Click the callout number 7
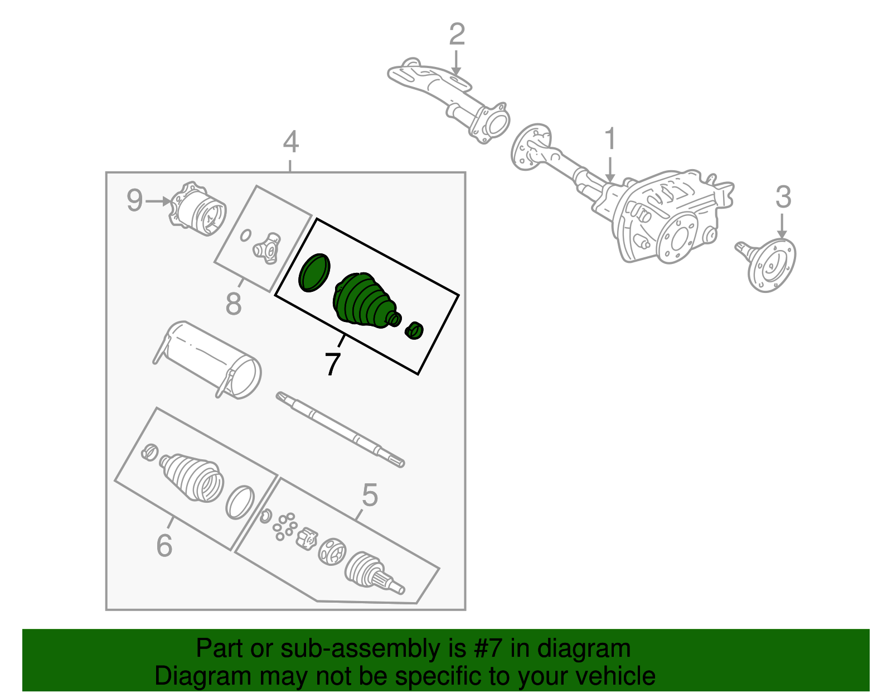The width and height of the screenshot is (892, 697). tap(332, 364)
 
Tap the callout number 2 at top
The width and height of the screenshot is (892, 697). tap(457, 35)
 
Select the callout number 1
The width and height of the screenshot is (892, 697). tap(610, 139)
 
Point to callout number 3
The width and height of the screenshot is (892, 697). tap(783, 198)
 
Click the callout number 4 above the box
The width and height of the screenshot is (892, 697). tap(290, 142)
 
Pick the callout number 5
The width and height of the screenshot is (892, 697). tap(370, 494)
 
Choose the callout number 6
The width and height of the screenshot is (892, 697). tap(164, 545)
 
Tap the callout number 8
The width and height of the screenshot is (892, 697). tap(234, 304)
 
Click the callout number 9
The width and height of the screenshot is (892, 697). tap(134, 200)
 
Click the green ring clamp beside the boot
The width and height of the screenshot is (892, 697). tap(314, 272)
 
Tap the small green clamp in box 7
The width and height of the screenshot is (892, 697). tap(414, 330)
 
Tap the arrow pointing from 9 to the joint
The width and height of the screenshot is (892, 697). tap(159, 200)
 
